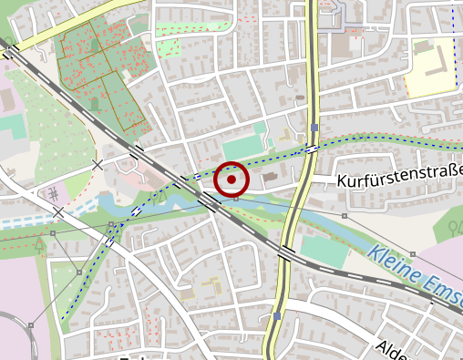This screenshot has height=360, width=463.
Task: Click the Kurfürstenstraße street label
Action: pyautogui.click(x=398, y=180)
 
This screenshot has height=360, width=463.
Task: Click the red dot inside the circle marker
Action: pyautogui.click(x=232, y=180)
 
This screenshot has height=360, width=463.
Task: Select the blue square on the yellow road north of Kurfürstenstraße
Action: pyautogui.click(x=314, y=128)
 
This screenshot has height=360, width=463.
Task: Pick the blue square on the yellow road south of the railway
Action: pyautogui.click(x=277, y=316)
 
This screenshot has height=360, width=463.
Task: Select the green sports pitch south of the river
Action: pyautogui.click(x=324, y=250)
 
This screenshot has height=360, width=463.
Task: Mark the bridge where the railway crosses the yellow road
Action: pyautogui.click(x=286, y=252)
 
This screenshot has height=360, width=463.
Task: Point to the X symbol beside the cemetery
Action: pyautogui.click(x=98, y=164)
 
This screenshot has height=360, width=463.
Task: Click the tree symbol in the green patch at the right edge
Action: pyautogui.click(x=453, y=227)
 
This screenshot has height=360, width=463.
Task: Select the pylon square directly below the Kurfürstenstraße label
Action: pyautogui.click(x=344, y=215)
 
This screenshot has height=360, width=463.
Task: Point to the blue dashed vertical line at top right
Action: pyautogui.click(x=454, y=46)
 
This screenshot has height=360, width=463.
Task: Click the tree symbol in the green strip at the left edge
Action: pyautogui.click(x=38, y=244)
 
